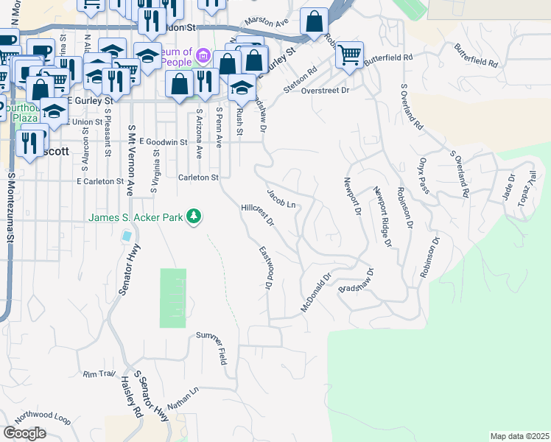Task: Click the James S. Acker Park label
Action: coord(136,217)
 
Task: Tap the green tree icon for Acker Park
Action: coord(194,217)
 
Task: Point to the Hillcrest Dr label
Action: coord(257,214)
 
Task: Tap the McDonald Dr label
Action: coord(317,292)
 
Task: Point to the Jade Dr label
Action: coord(509,183)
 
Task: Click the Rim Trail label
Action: coord(100,374)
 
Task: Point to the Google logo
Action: coord(24,432)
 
